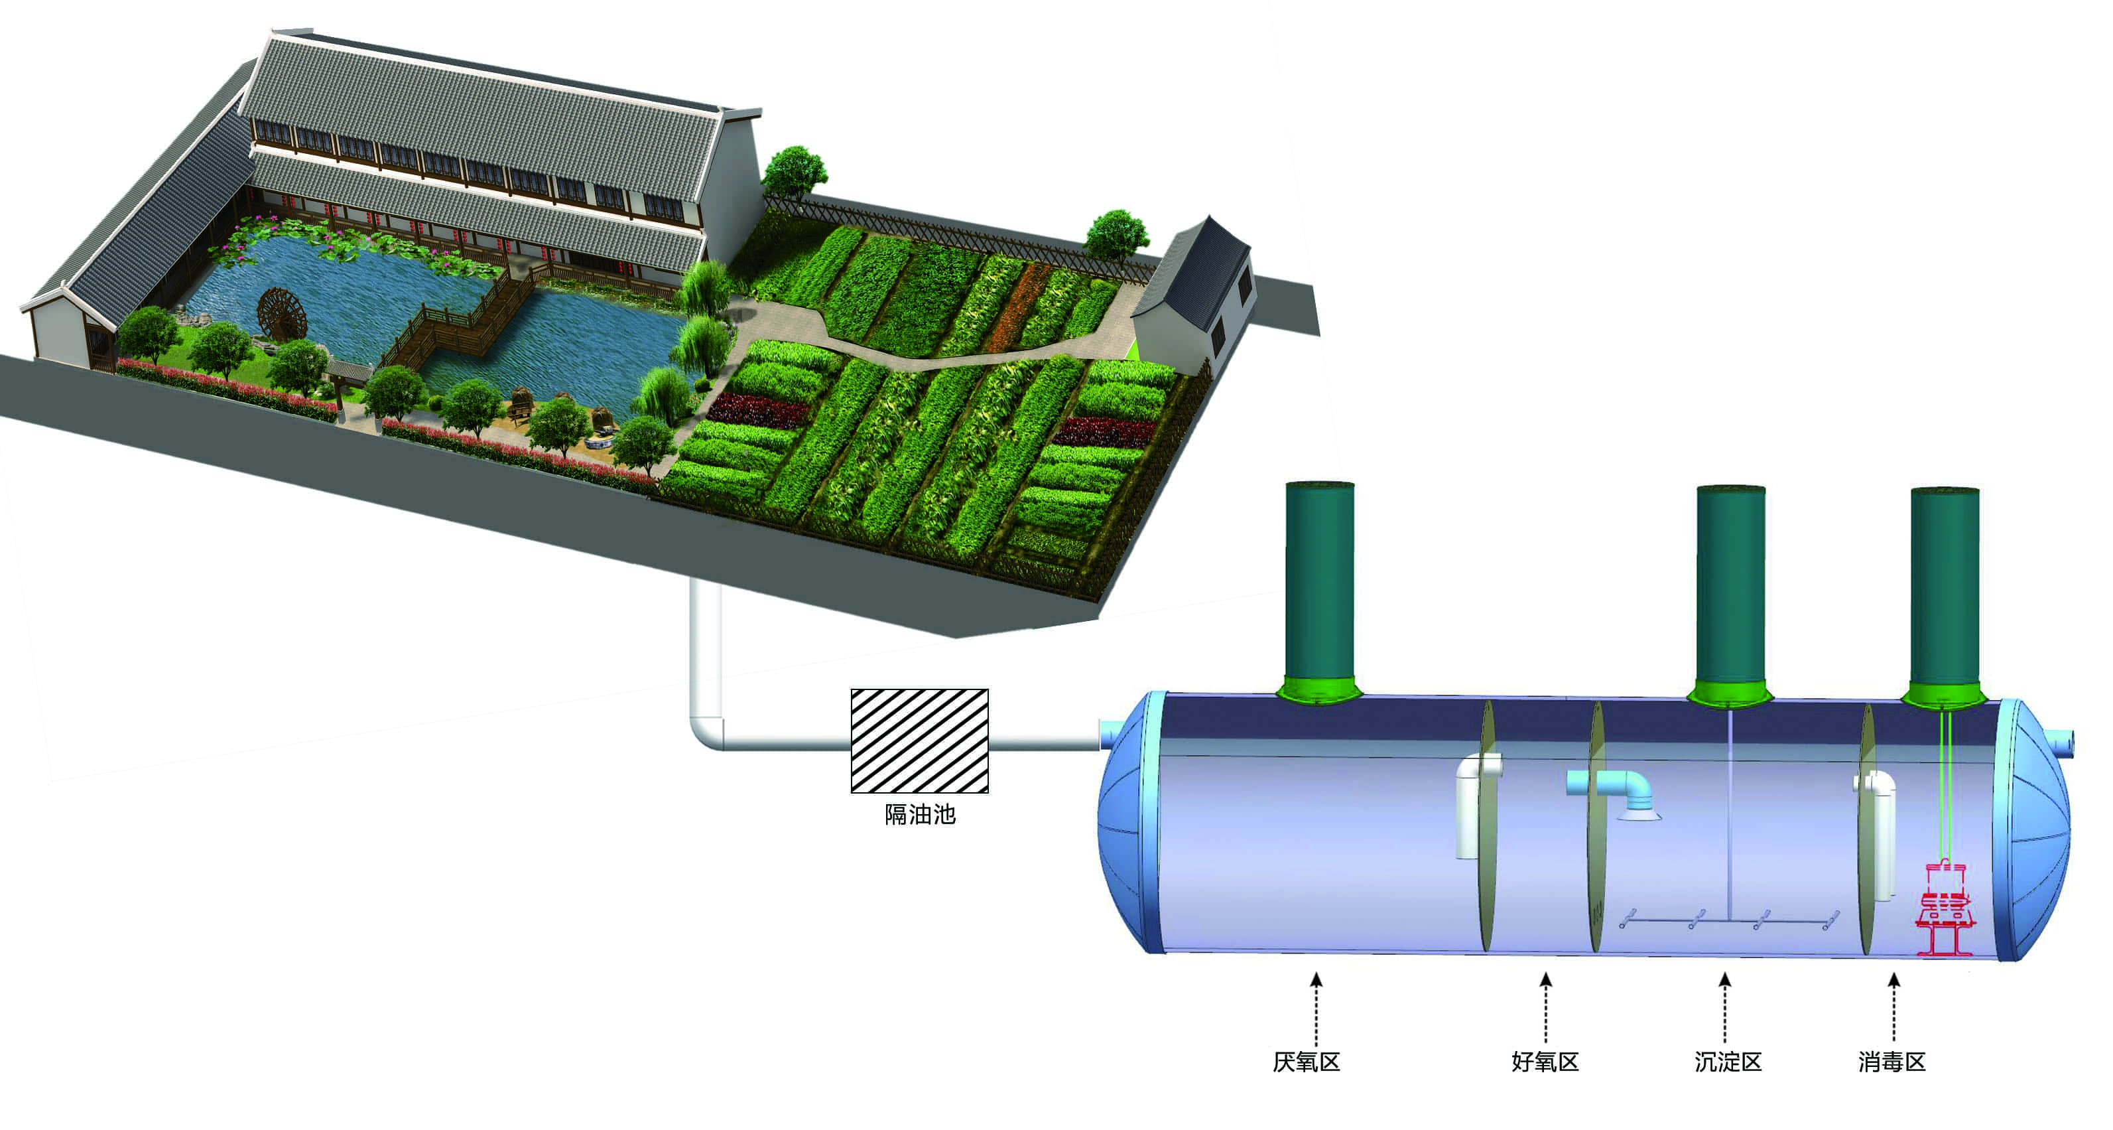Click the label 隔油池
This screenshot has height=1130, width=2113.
click(919, 814)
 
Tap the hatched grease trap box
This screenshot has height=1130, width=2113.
click(919, 741)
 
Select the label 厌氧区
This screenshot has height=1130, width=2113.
click(1306, 1062)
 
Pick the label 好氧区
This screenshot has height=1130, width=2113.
click(1545, 1062)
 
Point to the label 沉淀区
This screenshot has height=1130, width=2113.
click(1728, 1062)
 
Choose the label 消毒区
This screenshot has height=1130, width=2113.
click(1891, 1062)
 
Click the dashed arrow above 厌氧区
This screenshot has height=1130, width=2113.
click(1316, 1009)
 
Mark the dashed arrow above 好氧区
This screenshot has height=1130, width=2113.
click(1546, 1009)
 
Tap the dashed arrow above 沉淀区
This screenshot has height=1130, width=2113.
click(1725, 1009)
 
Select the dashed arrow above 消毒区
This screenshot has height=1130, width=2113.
click(1894, 1009)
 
